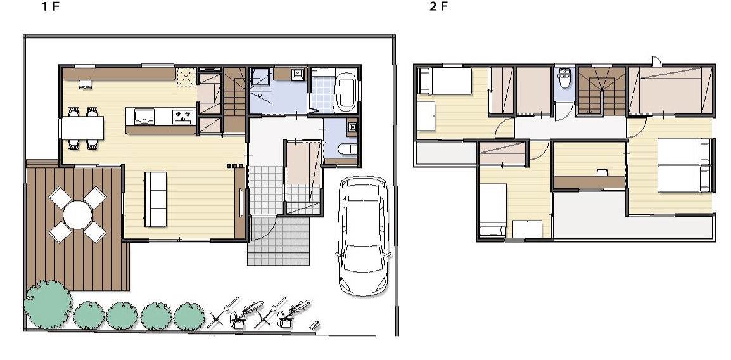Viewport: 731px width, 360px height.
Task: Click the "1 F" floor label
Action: [51, 6]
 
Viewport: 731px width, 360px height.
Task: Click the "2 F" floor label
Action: [438, 6]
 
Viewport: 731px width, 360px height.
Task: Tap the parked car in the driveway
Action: [363, 236]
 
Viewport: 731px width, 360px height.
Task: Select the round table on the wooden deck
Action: [77, 215]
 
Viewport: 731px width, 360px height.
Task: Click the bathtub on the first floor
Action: [346, 91]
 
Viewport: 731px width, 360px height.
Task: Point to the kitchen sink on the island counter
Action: [144, 116]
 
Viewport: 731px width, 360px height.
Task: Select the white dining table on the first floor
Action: [82, 128]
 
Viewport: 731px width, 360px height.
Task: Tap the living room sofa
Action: [155, 199]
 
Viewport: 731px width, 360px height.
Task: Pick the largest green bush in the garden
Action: [48, 304]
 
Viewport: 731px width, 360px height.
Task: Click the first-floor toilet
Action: [347, 149]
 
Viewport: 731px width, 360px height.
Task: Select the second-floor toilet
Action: [565, 79]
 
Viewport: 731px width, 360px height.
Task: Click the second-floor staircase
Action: [601, 91]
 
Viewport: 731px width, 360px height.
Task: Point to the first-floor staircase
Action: [234, 100]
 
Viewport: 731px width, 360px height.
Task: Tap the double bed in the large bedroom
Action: [684, 165]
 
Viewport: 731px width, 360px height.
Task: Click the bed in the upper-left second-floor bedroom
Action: [445, 81]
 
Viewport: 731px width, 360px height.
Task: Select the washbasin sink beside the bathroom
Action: [298, 74]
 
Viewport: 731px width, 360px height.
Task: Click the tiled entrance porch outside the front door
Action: [278, 241]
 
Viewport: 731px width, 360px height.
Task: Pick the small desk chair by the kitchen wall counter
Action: [86, 84]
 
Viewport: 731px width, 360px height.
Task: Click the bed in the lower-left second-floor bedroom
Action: [493, 209]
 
